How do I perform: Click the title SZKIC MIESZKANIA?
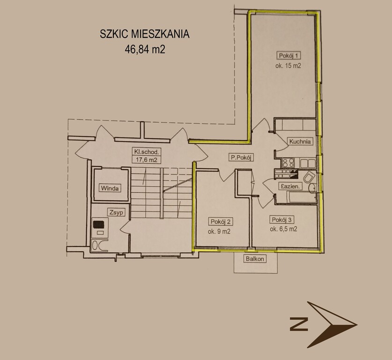tap(145, 34)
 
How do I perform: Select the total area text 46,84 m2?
tap(145, 49)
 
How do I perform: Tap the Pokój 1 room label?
tap(288, 55)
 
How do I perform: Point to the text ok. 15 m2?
tap(288, 66)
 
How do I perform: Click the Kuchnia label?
tap(300, 142)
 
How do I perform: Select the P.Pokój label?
tap(241, 157)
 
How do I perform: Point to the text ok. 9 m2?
tap(219, 232)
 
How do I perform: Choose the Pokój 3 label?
tap(281, 220)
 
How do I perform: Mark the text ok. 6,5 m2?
tap(283, 229)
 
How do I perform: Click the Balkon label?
tap(255, 259)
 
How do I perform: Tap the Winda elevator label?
tap(110, 188)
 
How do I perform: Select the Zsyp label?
tap(116, 212)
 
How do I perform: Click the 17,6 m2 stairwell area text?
tap(147, 160)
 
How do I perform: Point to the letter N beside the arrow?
tap(299, 324)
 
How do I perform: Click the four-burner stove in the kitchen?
tap(288, 163)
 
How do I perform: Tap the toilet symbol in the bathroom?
tap(309, 178)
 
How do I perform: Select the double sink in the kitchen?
tap(308, 164)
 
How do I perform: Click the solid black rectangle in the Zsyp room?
tap(98, 224)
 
